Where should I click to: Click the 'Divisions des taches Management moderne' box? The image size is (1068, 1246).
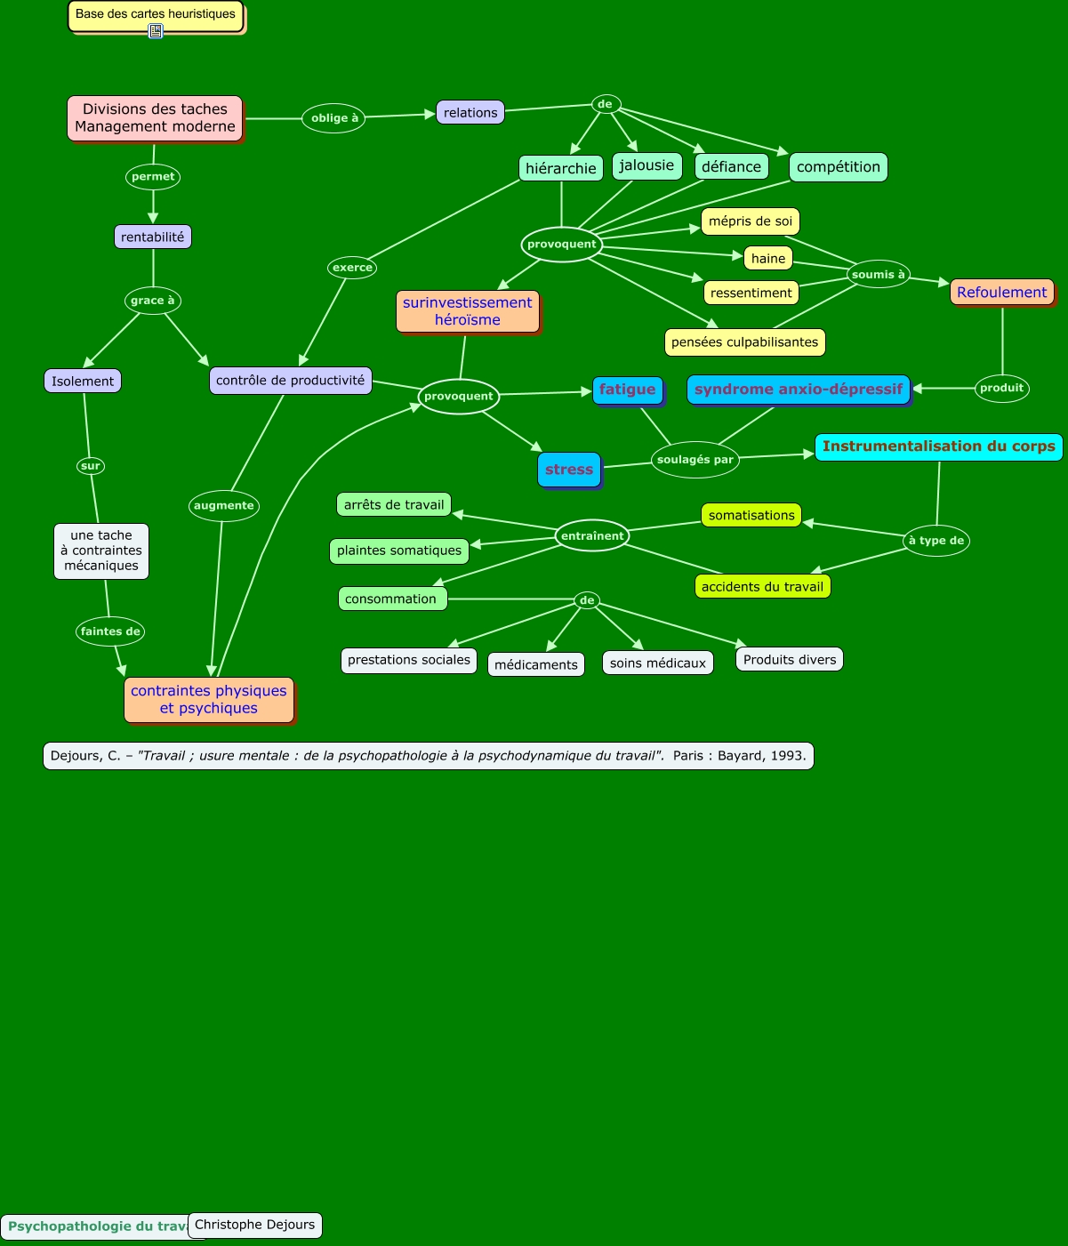coord(155,117)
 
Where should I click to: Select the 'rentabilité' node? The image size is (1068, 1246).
coord(153,237)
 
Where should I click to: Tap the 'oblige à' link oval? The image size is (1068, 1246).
coord(334,118)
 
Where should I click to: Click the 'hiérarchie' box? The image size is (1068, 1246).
coord(560,168)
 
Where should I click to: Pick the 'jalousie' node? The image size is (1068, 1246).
coord(646,165)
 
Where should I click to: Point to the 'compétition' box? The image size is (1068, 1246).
coord(838,166)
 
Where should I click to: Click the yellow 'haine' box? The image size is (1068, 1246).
coord(768,258)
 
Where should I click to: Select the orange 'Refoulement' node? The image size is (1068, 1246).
coord(1001,292)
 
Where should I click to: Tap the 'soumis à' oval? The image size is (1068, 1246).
coord(878,274)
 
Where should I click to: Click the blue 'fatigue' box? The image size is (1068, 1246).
coord(627,390)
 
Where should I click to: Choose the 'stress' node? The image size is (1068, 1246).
coord(569,470)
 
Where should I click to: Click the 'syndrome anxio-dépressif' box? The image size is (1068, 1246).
coord(798,390)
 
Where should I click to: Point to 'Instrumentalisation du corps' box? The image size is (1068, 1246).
coord(938,446)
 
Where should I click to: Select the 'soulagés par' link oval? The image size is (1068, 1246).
coord(695,460)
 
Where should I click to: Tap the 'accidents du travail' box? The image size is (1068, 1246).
coord(762,586)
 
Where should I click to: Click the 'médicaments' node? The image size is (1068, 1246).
coord(535,664)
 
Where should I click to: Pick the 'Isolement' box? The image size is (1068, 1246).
coord(83,381)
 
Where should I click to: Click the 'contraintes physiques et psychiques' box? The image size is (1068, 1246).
coord(209,699)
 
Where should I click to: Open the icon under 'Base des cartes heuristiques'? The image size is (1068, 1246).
coord(156,31)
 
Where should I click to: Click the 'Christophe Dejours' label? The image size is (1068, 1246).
coord(255,1225)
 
